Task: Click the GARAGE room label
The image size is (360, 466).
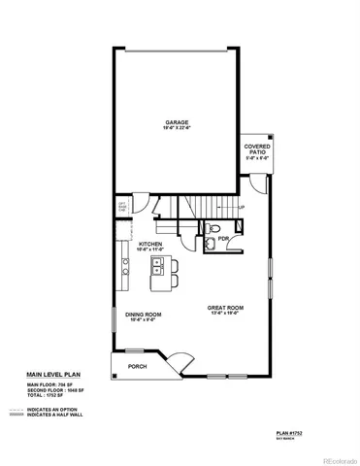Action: pyautogui.click(x=175, y=122)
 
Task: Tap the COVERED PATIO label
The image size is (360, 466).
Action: pyautogui.click(x=257, y=150)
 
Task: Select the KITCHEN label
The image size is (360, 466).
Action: pyautogui.click(x=149, y=245)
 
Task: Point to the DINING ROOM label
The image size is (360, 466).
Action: pyautogui.click(x=143, y=315)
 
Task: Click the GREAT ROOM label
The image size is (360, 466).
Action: pyautogui.click(x=225, y=309)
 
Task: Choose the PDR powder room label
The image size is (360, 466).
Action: pyautogui.click(x=223, y=238)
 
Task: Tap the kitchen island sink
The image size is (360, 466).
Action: pyautogui.click(x=156, y=264)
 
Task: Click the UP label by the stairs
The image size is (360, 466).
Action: pyautogui.click(x=242, y=207)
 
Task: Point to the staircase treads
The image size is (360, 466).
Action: pyautogui.click(x=194, y=208)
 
